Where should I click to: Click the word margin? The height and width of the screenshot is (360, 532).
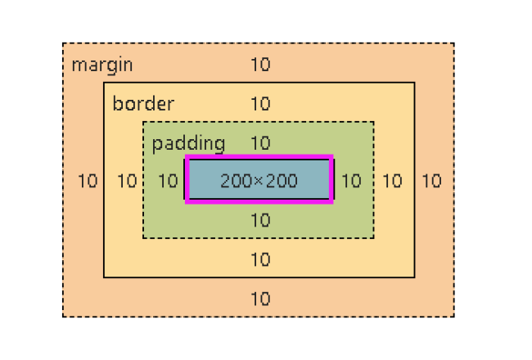pos(102,65)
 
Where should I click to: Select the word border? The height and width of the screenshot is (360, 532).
pos(143,104)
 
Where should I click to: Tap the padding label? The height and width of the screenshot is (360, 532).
pos(188,143)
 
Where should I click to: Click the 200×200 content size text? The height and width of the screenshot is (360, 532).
pos(259,181)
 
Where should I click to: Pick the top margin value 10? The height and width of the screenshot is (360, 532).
pos(260,65)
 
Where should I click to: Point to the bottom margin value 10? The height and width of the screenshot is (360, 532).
pos(260,299)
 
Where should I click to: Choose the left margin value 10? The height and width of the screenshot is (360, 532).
pos(88,181)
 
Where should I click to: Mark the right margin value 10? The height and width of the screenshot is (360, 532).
pos(431,181)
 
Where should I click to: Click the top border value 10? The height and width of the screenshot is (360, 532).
pos(260,104)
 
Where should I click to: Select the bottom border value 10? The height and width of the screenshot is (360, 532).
pos(260,259)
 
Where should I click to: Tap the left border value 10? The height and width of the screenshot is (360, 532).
pos(127,181)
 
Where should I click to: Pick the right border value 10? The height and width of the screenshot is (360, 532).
pos(393,181)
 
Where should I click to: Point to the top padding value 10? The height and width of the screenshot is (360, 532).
pos(260,143)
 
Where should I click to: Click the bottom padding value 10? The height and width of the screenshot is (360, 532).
pos(260,220)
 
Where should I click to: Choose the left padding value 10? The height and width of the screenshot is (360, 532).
pos(168,181)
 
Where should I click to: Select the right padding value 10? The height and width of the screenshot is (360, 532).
pos(351,181)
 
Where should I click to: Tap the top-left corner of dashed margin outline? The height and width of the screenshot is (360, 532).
pos(63,43)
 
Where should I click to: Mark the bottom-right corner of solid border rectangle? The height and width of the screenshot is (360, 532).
pos(414,277)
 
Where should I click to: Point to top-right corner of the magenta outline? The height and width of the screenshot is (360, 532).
pos(332,158)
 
